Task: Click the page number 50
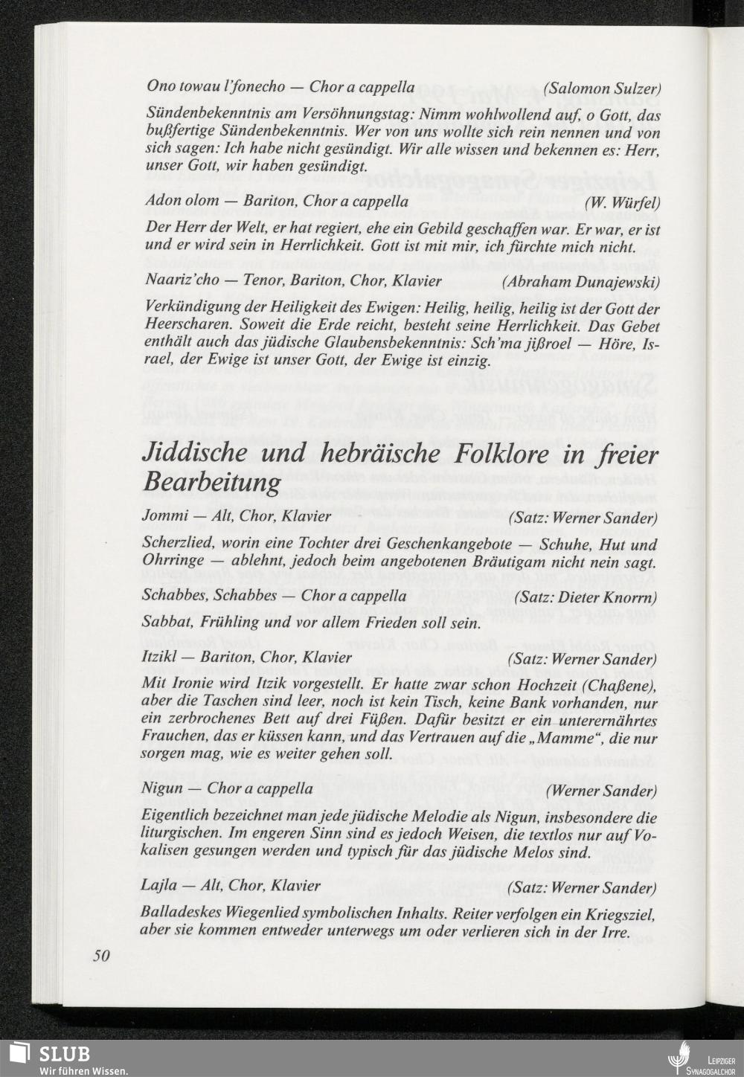pos(101,957)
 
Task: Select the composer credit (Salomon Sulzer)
pos(602,88)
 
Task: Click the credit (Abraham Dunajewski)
pos(581,282)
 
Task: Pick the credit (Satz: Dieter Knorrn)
pos(586,597)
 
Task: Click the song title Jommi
pos(162,516)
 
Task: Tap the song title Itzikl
pos(163,658)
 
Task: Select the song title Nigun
pos(161,788)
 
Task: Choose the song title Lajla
pos(158,886)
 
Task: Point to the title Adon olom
pos(182,201)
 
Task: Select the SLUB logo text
pos(65,1053)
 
